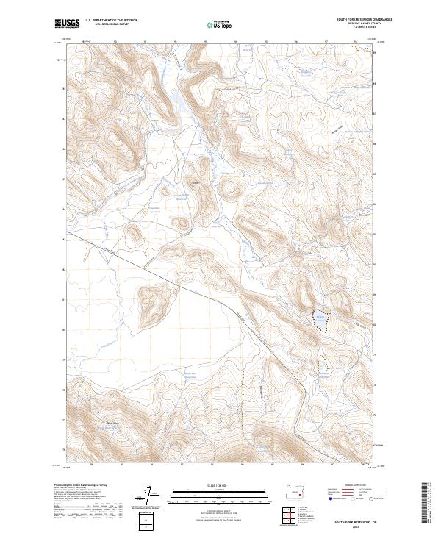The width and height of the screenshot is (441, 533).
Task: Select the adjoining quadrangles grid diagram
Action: coord(293,512)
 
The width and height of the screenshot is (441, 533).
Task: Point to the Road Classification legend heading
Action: coord(351,486)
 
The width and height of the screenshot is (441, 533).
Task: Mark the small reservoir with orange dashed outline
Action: coord(321,363)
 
